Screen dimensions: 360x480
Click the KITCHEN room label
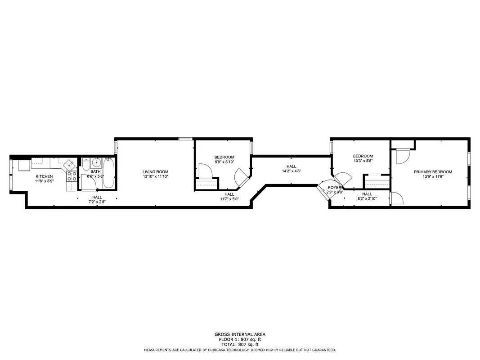[44, 176]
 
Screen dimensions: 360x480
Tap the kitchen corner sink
[69, 164]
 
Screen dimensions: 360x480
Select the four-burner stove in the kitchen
[72, 176]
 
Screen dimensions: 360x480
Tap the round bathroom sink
[95, 163]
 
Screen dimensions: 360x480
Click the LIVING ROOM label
[155, 171]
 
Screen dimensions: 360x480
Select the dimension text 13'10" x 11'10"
[155, 176]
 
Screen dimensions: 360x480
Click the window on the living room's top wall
[185, 139]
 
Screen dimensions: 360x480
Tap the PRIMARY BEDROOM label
[433, 171]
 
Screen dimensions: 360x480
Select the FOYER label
[334, 187]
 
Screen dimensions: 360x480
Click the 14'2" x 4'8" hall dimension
[291, 171]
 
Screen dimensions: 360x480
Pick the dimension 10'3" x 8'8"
[363, 161]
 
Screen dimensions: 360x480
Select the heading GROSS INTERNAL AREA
[240, 334]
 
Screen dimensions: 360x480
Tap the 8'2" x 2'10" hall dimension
[367, 198]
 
